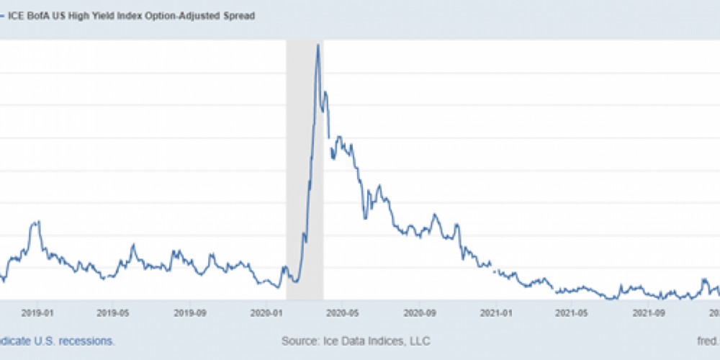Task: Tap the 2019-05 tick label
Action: coord(113,312)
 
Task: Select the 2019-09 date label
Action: coord(191,312)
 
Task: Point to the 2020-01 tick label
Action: coord(268,312)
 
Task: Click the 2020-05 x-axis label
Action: coord(343,312)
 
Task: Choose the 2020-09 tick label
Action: coord(420,312)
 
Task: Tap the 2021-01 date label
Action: coord(498,312)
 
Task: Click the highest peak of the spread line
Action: coord(318,45)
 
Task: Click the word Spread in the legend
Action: coord(238,15)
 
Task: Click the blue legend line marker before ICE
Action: coord(2,15)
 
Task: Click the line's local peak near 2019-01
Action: coord(36,222)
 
